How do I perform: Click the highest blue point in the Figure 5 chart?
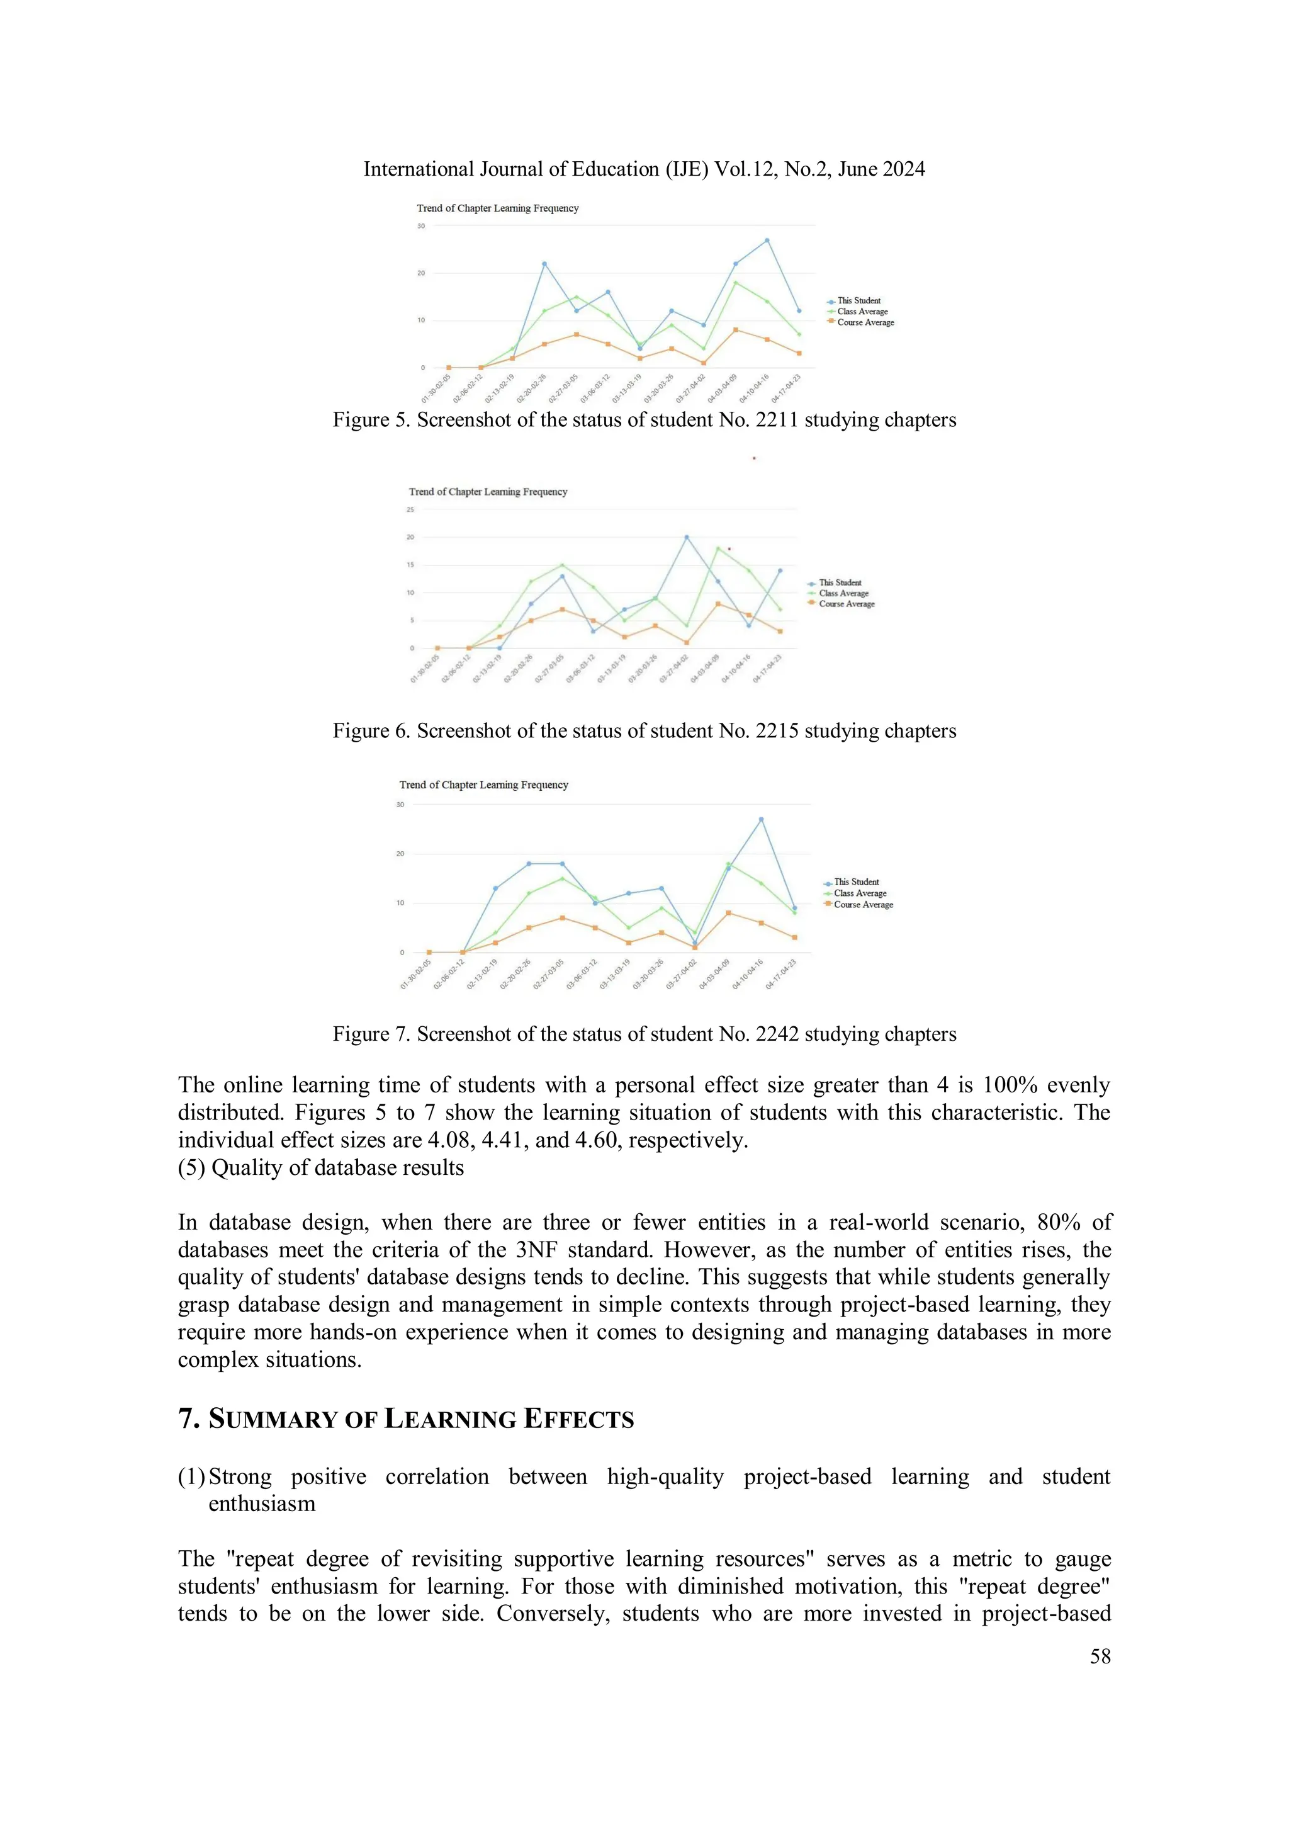(767, 240)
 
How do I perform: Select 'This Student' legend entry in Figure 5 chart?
(858, 300)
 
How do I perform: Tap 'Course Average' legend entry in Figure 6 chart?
(846, 604)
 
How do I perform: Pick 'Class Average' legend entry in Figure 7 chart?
(859, 893)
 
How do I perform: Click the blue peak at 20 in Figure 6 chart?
(686, 537)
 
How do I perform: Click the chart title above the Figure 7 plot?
(483, 785)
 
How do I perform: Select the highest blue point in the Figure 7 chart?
(761, 819)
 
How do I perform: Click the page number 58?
(1100, 1657)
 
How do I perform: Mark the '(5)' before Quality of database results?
(191, 1168)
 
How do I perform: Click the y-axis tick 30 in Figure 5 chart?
(421, 225)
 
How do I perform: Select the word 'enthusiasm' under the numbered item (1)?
(261, 1504)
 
